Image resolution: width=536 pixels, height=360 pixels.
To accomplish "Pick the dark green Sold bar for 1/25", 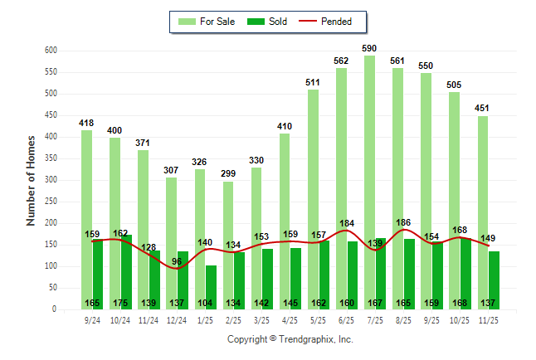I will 211,282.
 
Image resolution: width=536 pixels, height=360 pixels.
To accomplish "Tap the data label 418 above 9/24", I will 86,123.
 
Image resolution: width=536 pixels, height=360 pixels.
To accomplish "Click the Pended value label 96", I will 177,262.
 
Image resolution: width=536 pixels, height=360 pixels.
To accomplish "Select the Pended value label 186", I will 404,222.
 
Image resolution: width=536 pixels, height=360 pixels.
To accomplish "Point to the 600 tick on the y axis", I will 51,51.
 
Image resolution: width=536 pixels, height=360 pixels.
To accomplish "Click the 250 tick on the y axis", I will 51,202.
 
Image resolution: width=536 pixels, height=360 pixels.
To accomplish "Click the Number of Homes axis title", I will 32,180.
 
